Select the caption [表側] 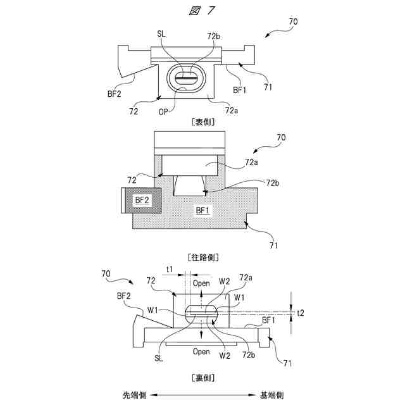(202, 123)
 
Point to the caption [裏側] (202, 378)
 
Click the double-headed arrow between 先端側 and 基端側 (203, 395)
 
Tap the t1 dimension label (170, 269)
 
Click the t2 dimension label (300, 313)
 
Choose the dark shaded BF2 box (141, 200)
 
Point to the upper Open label (201, 283)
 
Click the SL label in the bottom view (157, 358)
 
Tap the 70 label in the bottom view (106, 273)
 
